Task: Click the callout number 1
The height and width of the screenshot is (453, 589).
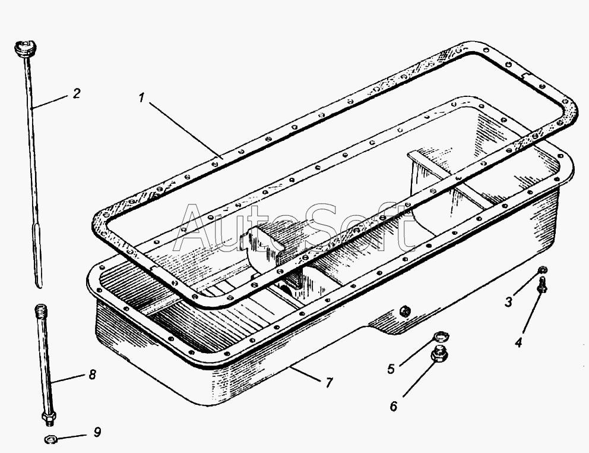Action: click(141, 98)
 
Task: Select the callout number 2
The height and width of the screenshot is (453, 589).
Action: click(77, 93)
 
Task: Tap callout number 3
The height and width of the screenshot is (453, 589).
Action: click(508, 301)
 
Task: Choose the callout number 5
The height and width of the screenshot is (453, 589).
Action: click(391, 369)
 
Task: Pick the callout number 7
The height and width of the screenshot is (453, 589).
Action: click(328, 383)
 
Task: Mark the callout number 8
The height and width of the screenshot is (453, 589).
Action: click(91, 375)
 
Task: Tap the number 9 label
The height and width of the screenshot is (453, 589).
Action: click(97, 432)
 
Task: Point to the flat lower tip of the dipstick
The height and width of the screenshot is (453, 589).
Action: click(39, 279)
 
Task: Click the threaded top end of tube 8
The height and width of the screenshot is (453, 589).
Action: click(40, 311)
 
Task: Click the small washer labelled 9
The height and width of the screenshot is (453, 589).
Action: click(50, 440)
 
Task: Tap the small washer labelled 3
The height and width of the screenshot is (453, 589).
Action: click(543, 271)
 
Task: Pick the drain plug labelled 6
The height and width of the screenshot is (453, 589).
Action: click(438, 356)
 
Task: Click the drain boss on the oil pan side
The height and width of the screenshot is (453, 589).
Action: click(403, 311)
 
